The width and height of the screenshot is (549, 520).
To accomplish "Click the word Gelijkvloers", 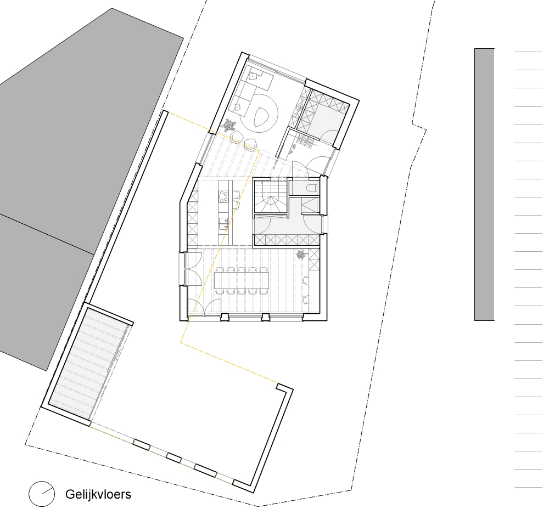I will (x=98, y=494).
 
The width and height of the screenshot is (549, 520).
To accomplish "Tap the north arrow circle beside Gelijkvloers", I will (x=42, y=494).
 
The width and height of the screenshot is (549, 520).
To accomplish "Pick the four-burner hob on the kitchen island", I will (x=224, y=195).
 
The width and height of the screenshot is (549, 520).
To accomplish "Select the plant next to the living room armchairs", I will (x=229, y=126).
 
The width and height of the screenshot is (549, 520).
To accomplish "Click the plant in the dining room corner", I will (x=301, y=255).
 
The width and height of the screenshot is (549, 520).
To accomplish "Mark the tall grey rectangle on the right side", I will (x=484, y=184).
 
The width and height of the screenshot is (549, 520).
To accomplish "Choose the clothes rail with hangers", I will (x=304, y=141).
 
